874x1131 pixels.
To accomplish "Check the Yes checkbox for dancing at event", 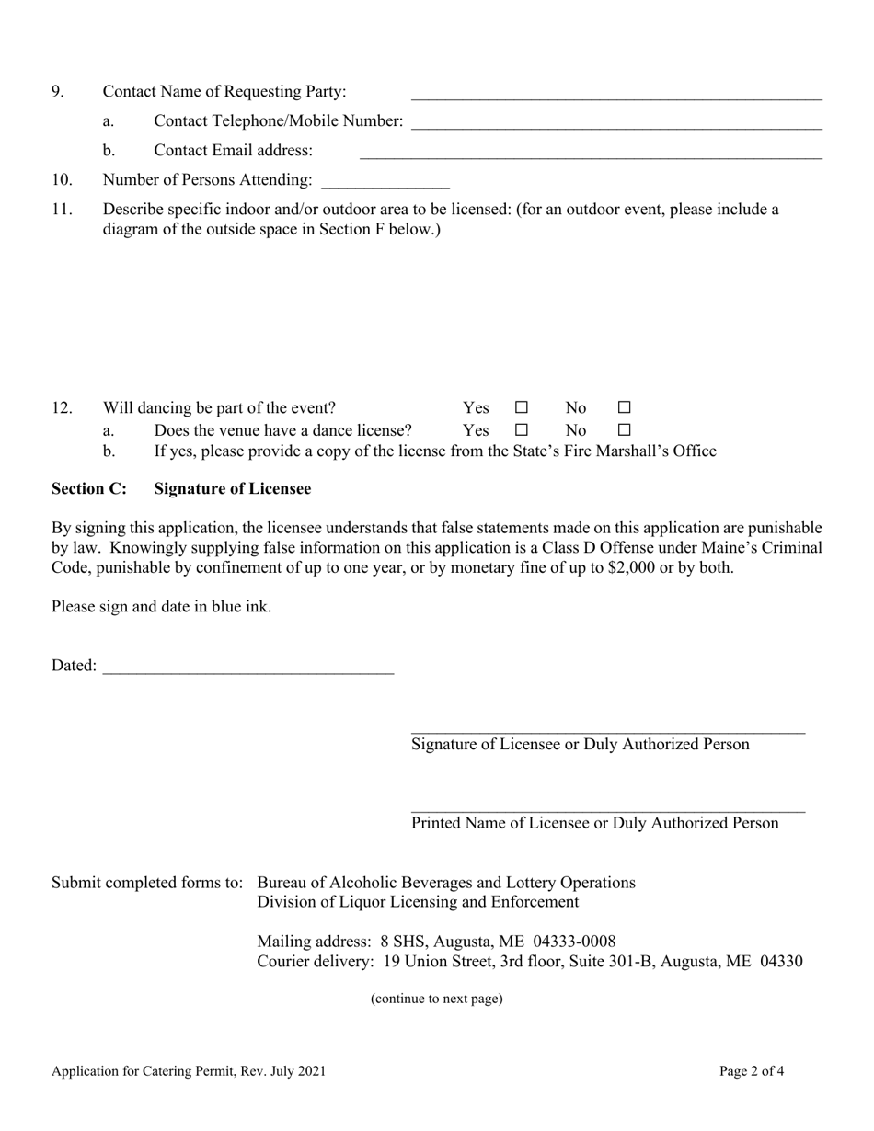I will click(522, 407).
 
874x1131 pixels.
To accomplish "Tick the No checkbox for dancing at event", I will click(624, 407).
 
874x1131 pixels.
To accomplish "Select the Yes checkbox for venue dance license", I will click(522, 429).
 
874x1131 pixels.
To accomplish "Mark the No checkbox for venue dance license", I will click(624, 429).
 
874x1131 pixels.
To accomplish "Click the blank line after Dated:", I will click(248, 668).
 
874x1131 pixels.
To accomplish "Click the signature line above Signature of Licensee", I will click(607, 730).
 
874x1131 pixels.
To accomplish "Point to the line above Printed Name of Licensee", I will click(607, 809).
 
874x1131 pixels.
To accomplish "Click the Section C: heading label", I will click(89, 489).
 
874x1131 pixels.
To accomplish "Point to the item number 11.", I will click(62, 210).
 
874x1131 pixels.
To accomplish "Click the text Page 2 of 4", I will click(752, 1070).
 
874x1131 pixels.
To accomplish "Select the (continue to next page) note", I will click(436, 999).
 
